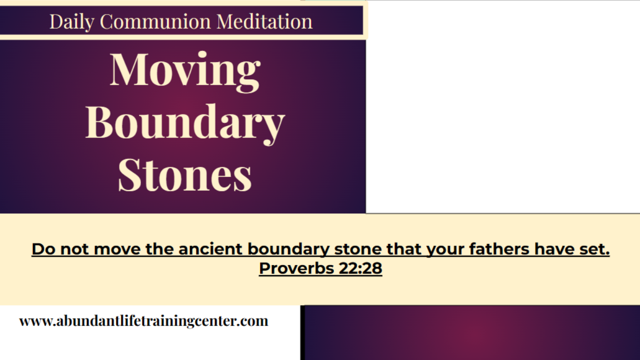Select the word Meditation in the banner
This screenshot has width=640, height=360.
click(264, 22)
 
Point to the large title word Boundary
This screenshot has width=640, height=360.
click(185, 122)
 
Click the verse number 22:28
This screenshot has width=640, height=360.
click(360, 268)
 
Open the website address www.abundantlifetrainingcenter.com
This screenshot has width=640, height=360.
click(143, 321)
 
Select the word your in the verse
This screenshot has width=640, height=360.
click(442, 249)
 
